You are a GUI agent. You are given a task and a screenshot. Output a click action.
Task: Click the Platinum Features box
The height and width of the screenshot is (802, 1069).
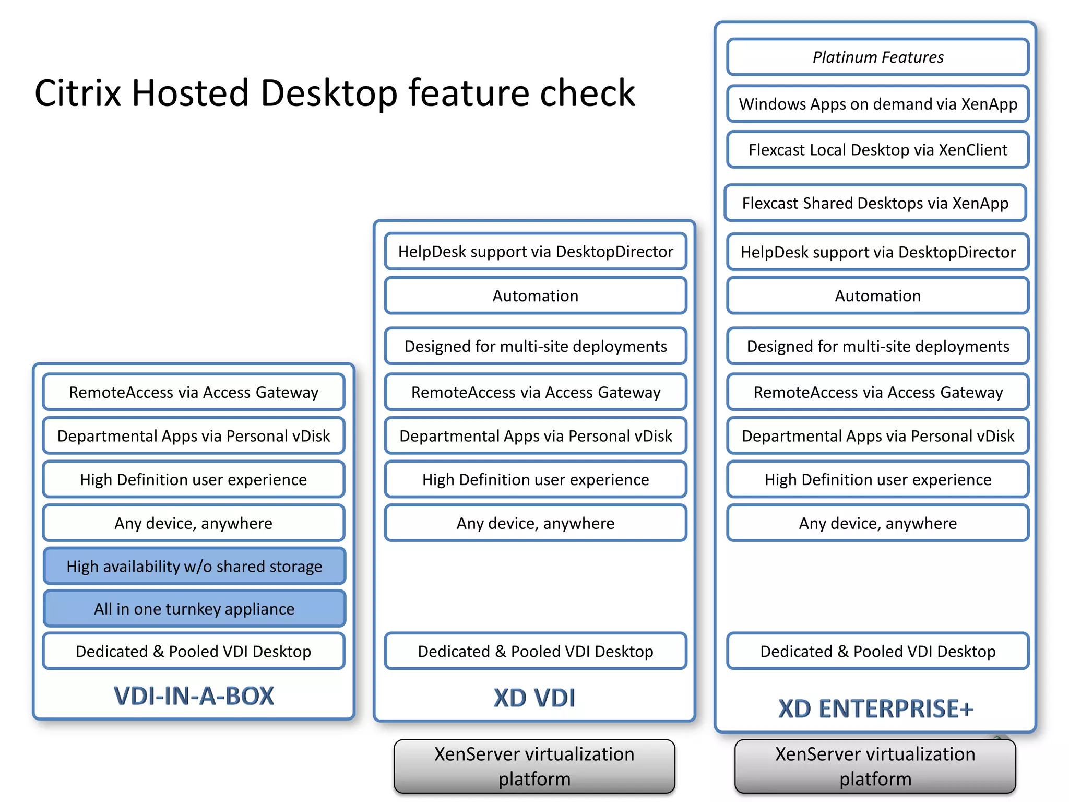pos(878,57)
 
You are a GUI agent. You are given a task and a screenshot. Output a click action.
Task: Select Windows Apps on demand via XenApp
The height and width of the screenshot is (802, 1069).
pos(878,104)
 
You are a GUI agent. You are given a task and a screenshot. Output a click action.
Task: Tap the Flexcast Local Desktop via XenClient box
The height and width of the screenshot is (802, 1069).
pos(878,150)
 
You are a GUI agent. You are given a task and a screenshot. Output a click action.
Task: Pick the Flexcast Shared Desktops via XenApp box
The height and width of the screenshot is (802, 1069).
pos(875,203)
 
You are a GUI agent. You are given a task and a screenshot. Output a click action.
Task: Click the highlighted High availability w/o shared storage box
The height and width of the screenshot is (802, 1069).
pos(194,566)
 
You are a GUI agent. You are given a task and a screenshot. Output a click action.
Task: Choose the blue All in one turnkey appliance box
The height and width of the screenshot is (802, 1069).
pos(194,609)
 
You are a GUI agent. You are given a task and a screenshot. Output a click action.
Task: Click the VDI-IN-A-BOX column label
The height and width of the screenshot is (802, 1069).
pos(194,696)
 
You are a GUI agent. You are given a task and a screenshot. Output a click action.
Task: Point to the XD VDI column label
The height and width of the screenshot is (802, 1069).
pos(534,698)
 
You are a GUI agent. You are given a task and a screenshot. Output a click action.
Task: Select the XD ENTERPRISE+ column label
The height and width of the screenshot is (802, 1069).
pos(875,709)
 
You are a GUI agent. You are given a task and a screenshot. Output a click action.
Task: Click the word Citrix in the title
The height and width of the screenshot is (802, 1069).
pos(78,93)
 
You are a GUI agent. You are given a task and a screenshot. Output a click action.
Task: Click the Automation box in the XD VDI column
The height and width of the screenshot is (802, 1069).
pos(536,296)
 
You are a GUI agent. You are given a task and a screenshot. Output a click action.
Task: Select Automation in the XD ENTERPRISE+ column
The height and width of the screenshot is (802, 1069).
pos(878,296)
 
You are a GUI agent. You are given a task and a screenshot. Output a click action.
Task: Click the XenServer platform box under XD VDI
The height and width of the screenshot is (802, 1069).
pos(534,766)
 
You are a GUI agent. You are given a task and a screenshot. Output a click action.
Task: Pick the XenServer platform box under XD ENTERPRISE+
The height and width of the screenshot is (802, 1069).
pos(875,766)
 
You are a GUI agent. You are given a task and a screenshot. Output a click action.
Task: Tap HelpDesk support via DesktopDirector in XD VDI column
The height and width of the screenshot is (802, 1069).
pos(536,252)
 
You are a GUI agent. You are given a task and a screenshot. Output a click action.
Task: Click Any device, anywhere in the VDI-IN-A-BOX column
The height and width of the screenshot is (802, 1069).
pos(194,523)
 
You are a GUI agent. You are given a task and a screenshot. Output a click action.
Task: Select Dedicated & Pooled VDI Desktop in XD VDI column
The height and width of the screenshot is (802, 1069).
pos(536,651)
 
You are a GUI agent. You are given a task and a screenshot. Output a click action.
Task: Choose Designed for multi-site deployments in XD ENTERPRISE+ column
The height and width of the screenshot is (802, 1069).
pos(878,346)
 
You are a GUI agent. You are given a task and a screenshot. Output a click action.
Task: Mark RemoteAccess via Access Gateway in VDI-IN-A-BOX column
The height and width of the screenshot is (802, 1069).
pos(194,392)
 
